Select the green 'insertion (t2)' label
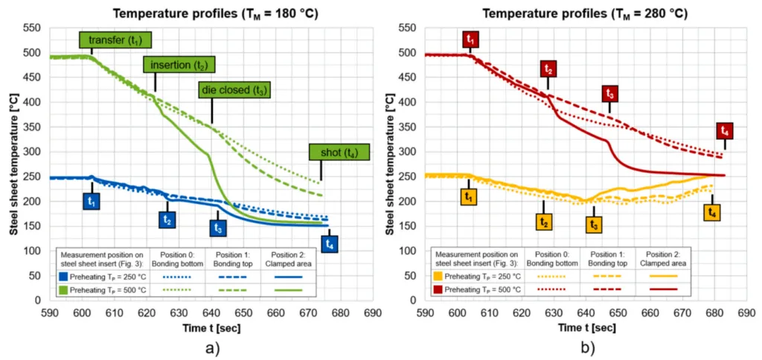tap(179, 65)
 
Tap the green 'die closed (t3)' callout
tap(234, 90)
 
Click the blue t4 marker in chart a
tap(330, 243)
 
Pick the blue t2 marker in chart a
tap(167, 219)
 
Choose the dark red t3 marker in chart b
tap(610, 94)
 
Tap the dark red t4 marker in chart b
tap(725, 131)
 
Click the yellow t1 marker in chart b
tap(468, 197)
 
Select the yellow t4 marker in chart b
tap(712, 213)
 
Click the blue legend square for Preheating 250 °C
tap(65, 276)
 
